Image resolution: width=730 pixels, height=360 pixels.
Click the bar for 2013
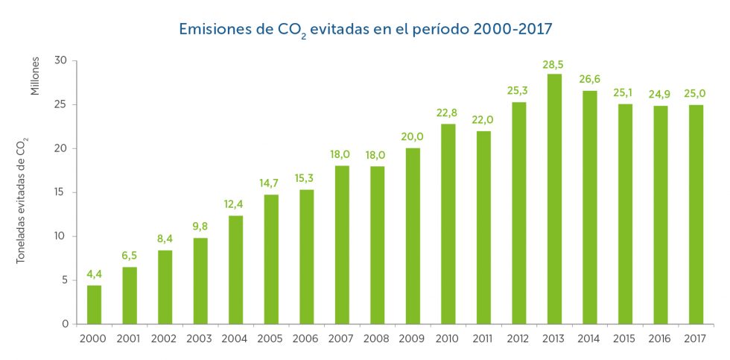click(x=554, y=199)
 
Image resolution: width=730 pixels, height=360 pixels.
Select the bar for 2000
click(x=94, y=305)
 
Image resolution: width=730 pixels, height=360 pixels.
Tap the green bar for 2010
click(x=448, y=224)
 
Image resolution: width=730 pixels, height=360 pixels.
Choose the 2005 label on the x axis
click(x=270, y=338)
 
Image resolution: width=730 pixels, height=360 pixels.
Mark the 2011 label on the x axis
click(x=483, y=338)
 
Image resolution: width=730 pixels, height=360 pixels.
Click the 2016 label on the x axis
click(x=660, y=338)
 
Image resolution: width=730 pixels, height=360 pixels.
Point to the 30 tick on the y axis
click(x=61, y=60)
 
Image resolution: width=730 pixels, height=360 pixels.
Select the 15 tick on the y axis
click(x=61, y=192)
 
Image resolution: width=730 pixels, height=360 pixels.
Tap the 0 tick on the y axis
click(x=65, y=324)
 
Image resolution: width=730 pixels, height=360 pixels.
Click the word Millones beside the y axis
click(x=34, y=76)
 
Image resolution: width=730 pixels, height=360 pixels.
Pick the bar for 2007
click(x=342, y=244)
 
